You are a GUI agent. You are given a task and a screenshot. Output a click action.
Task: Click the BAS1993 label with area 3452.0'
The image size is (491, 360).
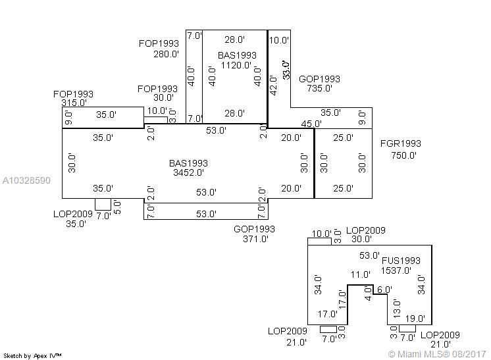(188, 163)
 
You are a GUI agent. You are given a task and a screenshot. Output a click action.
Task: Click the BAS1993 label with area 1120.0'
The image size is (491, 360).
(237, 55)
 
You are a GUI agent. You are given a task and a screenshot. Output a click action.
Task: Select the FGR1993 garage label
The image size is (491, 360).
(400, 144)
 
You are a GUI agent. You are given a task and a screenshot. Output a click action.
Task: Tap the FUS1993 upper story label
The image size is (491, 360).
(401, 261)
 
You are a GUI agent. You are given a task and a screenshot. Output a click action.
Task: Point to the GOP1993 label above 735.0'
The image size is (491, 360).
(319, 79)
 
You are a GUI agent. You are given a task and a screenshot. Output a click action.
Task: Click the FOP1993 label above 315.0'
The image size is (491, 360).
(73, 94)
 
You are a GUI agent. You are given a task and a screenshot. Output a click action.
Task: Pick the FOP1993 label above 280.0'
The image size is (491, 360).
(158, 43)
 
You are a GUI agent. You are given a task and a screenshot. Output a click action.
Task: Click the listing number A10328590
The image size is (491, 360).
(26, 180)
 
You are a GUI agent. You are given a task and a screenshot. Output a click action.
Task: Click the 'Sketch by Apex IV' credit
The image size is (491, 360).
(33, 355)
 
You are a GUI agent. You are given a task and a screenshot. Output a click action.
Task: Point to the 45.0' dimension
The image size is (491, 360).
(311, 124)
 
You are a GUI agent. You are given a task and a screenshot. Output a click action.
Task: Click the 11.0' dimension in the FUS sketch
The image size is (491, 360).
(360, 274)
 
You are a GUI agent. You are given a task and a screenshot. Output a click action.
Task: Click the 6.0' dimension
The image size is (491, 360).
(384, 290)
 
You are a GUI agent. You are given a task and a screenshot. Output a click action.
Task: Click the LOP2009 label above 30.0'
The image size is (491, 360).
(365, 230)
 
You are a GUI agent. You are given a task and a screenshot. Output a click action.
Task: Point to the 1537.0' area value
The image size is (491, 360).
(396, 270)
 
